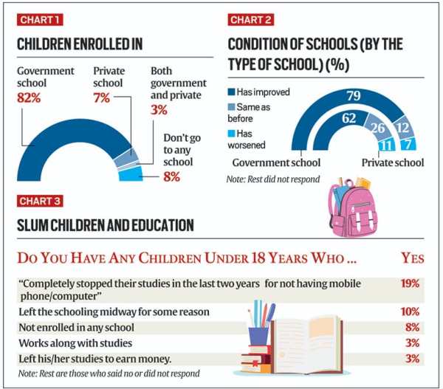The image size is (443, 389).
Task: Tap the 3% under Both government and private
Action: [x=159, y=110]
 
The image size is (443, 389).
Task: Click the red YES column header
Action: [x=410, y=258]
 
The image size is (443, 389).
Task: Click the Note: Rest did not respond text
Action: [x=272, y=179]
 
